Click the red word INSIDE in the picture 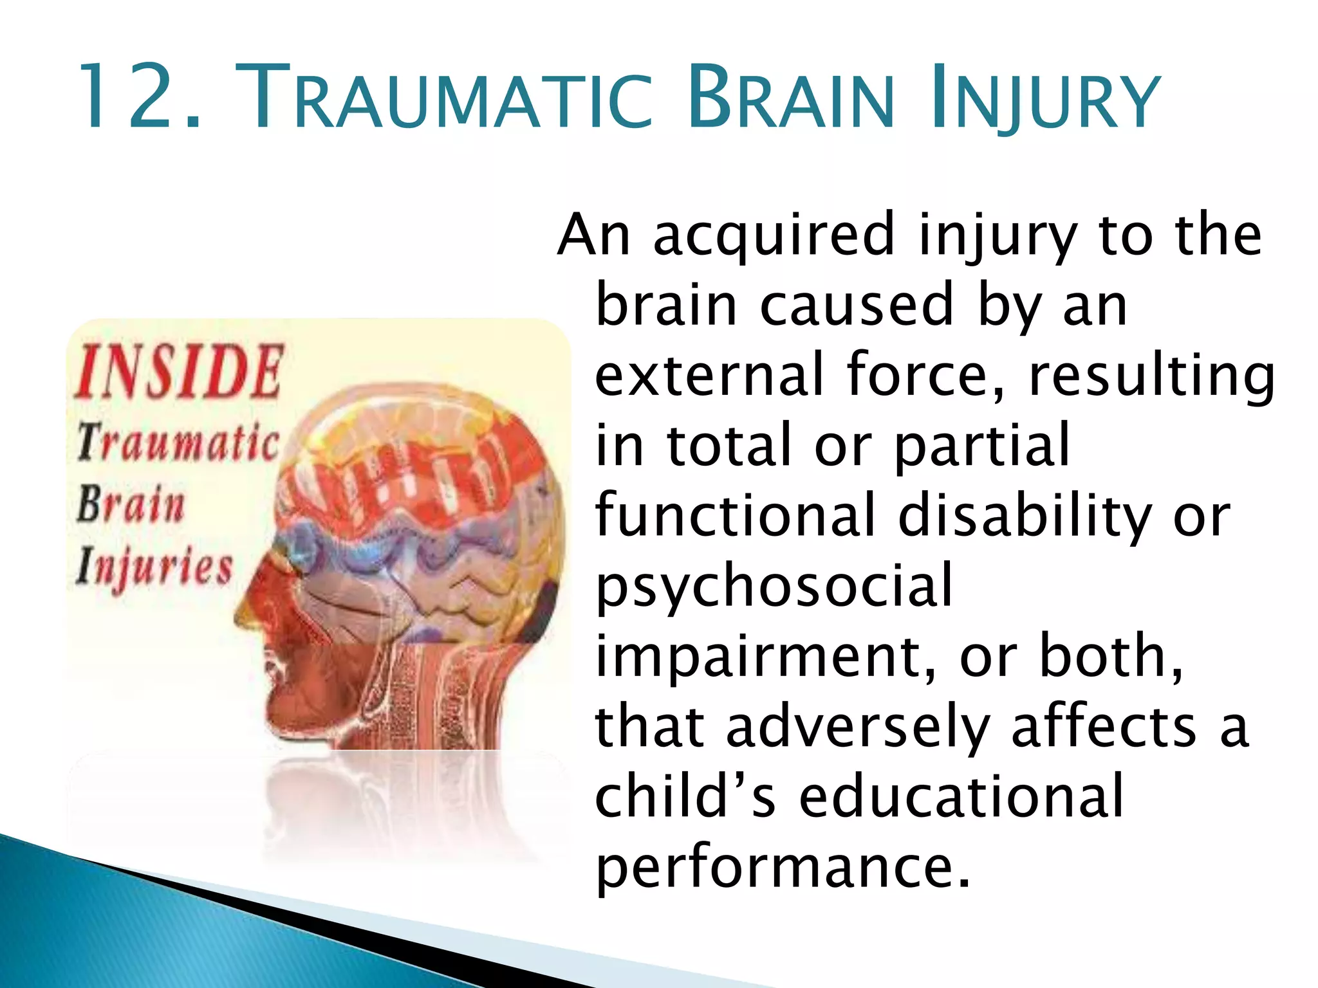(178, 371)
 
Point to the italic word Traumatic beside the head (178, 443)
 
